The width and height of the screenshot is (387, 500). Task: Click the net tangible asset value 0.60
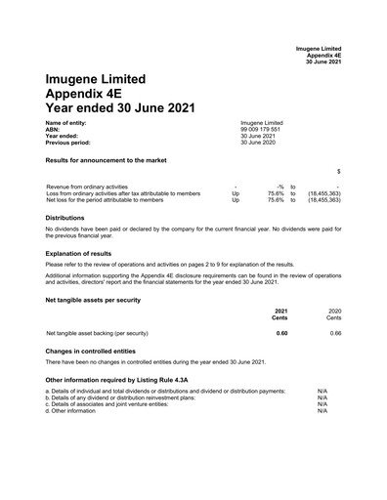point(281,333)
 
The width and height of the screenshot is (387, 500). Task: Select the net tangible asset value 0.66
point(335,333)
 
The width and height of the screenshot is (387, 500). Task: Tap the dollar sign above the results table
point(338,171)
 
